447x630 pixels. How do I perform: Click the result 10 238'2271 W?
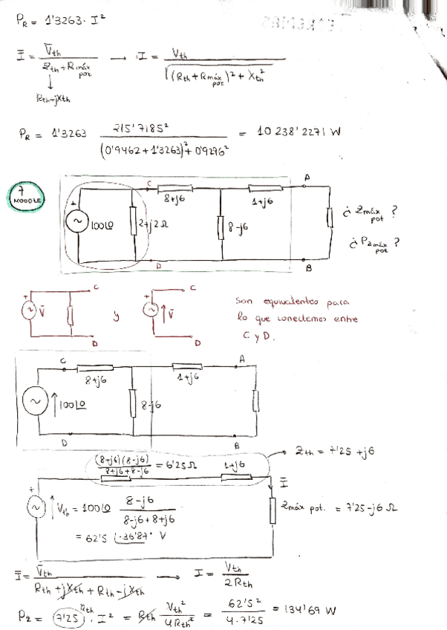pyautogui.click(x=298, y=132)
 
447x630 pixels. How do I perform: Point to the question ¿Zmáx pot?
pyautogui.click(x=370, y=213)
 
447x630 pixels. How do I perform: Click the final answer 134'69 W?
pyautogui.click(x=310, y=611)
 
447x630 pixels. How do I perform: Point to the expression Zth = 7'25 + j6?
pyautogui.click(x=327, y=452)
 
